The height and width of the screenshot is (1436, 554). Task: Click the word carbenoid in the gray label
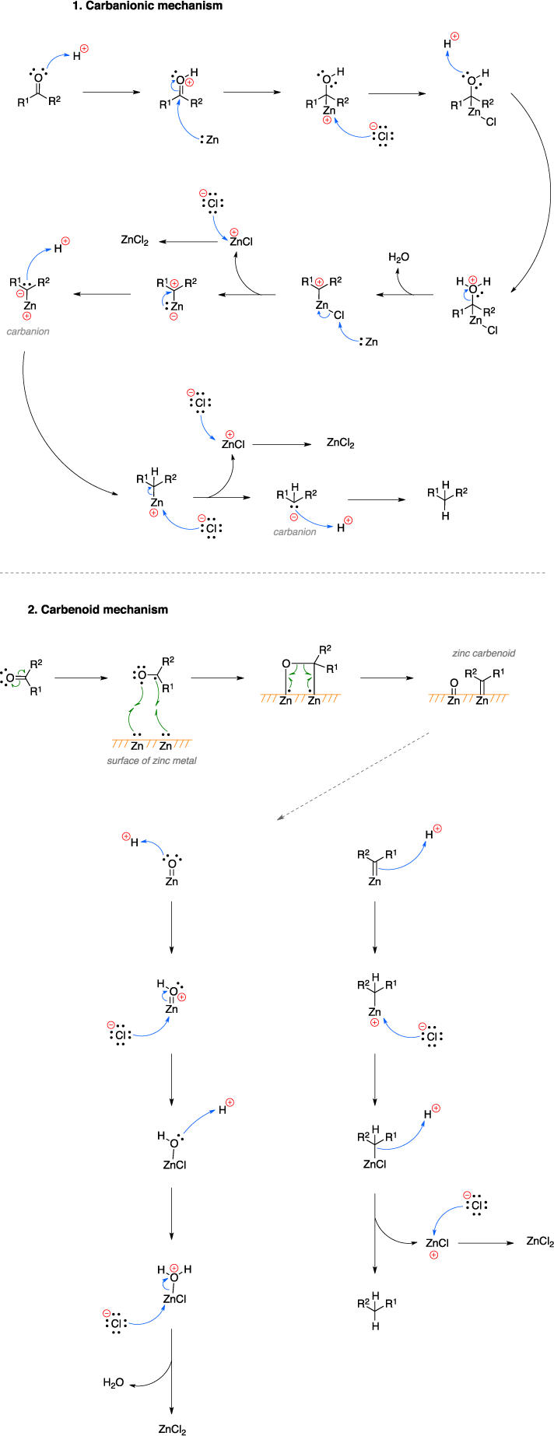493,653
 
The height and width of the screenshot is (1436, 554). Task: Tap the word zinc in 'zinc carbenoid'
461,653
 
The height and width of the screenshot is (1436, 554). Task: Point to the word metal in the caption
184,761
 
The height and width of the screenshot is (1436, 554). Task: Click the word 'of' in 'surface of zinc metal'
147,761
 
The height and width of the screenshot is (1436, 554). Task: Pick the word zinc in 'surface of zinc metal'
162,761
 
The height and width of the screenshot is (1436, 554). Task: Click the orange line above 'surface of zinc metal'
152,740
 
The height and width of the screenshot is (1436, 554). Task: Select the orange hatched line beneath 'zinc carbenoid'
468,695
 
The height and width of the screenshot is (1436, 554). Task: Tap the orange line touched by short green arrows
300,695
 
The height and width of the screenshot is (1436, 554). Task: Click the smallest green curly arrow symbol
19,678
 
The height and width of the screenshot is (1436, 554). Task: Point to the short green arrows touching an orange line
300,677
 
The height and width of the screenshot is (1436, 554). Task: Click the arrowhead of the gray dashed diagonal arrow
279,818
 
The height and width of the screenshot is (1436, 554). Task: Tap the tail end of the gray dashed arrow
429,733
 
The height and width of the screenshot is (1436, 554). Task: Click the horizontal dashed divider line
272,573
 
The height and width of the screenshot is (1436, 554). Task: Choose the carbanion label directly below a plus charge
28,331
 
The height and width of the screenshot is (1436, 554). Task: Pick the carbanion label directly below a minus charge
294,532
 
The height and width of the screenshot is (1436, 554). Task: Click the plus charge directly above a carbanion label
26,316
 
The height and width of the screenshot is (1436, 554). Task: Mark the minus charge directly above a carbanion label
293,517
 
